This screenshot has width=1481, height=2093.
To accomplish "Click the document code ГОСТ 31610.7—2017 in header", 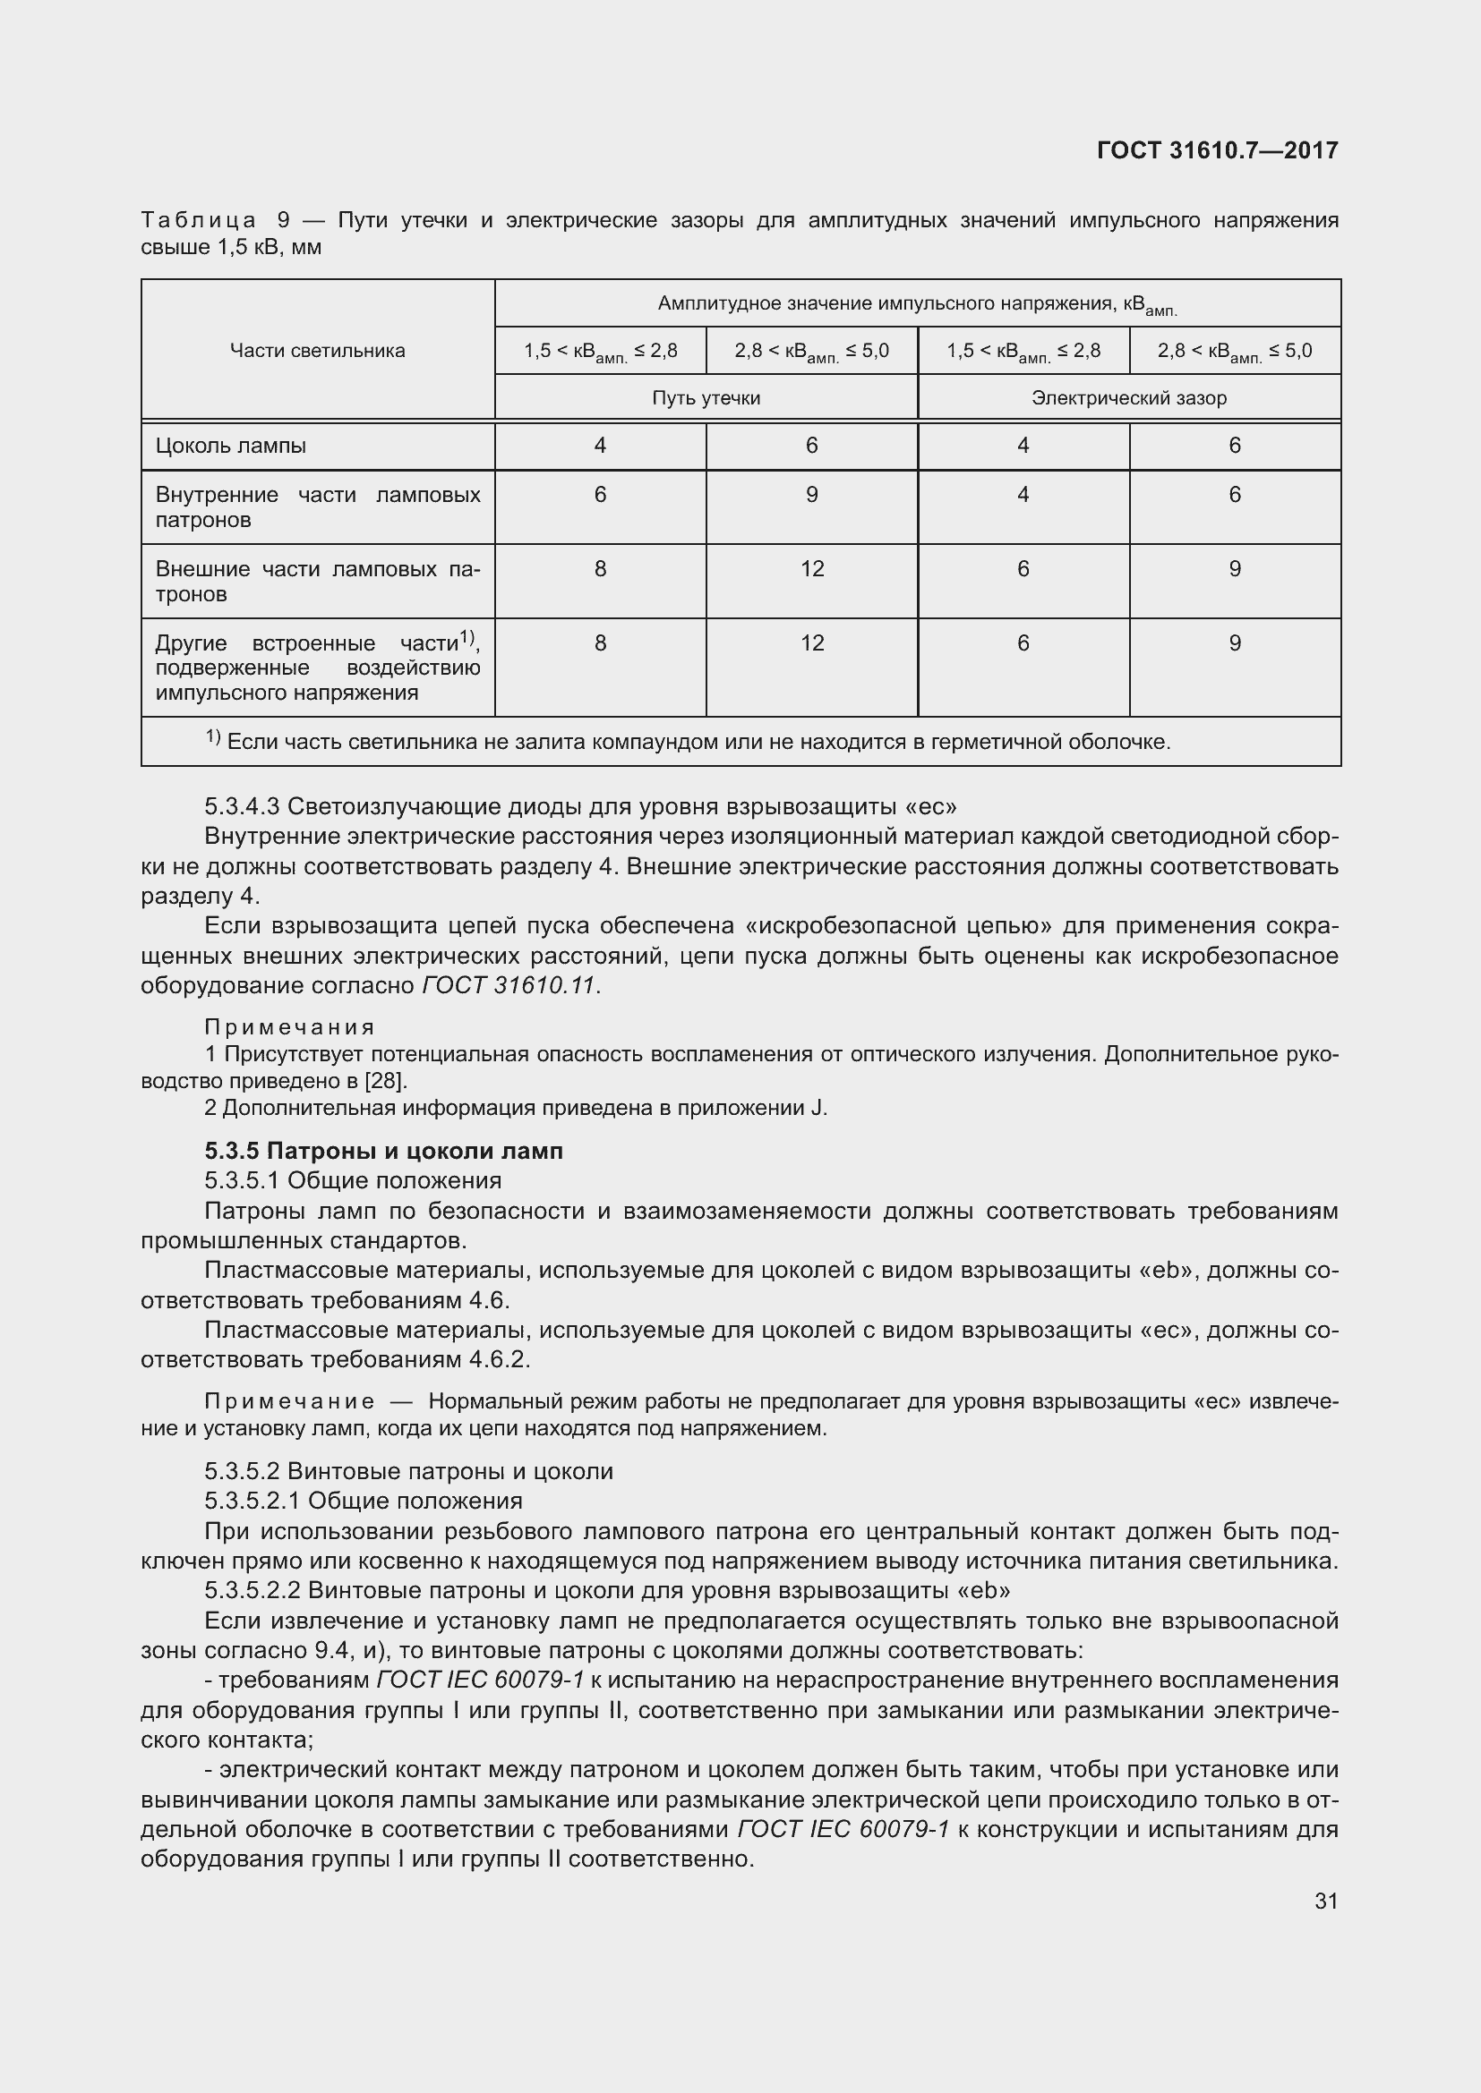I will [x=1217, y=150].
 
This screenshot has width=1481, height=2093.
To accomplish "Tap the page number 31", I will [x=1326, y=1901].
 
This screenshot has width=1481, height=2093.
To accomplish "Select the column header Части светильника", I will [x=317, y=351].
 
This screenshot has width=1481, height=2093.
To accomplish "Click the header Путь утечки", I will [x=706, y=398].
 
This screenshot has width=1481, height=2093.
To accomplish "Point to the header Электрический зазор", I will [x=1128, y=398].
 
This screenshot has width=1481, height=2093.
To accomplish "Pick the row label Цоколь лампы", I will [x=231, y=446].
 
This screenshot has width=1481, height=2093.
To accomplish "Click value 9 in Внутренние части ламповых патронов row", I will [x=811, y=495].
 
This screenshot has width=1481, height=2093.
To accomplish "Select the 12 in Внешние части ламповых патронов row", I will [x=811, y=570].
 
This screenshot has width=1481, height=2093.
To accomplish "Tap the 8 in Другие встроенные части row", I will [x=600, y=643].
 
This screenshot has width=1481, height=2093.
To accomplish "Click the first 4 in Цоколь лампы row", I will [x=600, y=446].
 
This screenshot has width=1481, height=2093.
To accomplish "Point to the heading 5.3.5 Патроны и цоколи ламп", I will [x=384, y=1152].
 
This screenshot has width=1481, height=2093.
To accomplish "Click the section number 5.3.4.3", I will [x=243, y=807].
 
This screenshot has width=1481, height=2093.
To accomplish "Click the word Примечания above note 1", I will [x=289, y=1028].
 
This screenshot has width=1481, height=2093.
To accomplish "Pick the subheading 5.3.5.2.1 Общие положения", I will [x=363, y=1501].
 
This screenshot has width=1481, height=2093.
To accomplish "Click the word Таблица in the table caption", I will [x=198, y=221].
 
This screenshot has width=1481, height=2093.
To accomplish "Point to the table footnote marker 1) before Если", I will [x=212, y=737].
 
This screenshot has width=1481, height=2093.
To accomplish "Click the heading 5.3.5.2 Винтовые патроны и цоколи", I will [x=408, y=1471].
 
